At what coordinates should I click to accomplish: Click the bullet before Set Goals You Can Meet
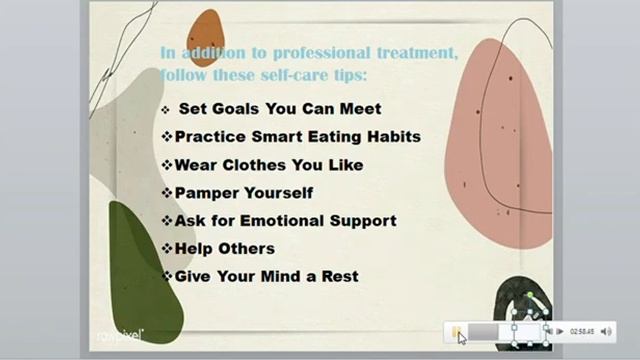pos(165,108)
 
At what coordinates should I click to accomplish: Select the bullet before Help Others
pos(166,248)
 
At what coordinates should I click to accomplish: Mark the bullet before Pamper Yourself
pos(166,192)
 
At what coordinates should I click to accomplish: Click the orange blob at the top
pos(205,38)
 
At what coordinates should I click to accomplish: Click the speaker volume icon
pos(606,331)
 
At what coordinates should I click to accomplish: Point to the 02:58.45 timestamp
pos(582,331)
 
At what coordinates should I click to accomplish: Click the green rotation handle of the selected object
pos(529,296)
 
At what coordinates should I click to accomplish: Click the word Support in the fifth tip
pos(362,220)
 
